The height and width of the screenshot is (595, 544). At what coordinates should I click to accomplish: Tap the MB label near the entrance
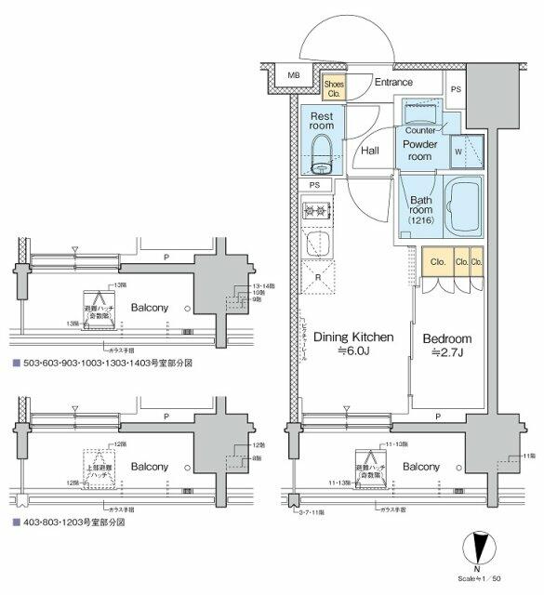tap(294, 75)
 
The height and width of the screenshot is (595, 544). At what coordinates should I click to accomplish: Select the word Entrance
tap(392, 83)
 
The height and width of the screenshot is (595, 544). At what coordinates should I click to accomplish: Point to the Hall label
tap(369, 150)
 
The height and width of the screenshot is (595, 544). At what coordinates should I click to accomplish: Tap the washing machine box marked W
tap(459, 152)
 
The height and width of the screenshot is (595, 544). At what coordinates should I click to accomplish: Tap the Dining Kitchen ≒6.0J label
tap(352, 344)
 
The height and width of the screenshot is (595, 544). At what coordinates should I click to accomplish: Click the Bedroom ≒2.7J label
tap(447, 345)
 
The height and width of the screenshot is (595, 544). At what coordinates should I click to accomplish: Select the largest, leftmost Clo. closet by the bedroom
tap(436, 262)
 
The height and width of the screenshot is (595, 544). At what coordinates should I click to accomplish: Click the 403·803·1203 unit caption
tap(69, 523)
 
